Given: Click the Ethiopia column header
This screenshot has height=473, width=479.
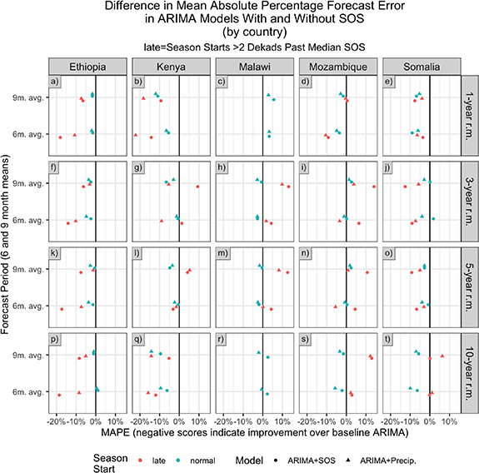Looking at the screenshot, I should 87,66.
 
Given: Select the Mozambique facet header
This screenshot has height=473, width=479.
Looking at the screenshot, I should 337,66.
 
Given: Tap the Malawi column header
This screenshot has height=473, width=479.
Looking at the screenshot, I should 254,66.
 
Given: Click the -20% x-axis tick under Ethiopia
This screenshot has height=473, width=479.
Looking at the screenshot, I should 56,421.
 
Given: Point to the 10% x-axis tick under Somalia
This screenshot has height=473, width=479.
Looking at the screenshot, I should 449,421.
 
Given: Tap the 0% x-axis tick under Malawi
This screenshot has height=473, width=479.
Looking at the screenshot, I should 263,421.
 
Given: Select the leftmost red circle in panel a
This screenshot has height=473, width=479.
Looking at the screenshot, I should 60,137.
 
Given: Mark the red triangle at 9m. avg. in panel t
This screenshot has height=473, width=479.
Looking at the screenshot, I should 442,356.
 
